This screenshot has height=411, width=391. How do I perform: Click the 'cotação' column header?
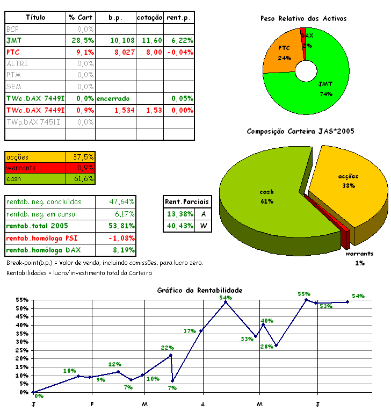(149, 18)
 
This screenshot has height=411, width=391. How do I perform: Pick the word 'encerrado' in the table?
(113, 99)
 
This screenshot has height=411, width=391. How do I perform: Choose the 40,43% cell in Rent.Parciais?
(179, 226)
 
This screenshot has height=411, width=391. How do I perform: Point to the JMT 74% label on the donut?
(325, 89)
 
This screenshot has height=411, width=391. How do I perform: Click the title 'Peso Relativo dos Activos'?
(303, 19)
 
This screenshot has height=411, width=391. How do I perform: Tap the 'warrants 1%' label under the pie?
(359, 258)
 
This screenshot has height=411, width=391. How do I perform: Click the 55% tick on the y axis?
(22, 300)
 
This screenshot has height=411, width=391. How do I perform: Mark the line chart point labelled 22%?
(171, 355)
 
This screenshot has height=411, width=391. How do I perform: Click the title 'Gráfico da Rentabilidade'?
(200, 290)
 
